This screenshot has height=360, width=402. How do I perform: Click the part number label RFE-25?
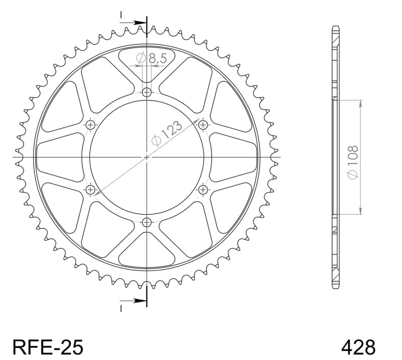click(x=48, y=347)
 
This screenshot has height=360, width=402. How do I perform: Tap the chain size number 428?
click(x=358, y=347)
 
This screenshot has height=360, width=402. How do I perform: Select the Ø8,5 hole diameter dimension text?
click(x=152, y=58)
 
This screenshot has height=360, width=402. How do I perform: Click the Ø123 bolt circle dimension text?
click(x=167, y=133)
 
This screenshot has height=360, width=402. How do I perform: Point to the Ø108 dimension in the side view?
click(x=353, y=162)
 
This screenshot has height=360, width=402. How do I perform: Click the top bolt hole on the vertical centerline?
click(x=147, y=92)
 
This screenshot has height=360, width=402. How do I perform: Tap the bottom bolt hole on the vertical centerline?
click(x=147, y=222)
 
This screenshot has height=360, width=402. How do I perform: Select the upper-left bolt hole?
click(x=90, y=125)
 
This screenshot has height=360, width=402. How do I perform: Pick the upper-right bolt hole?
click(x=203, y=125)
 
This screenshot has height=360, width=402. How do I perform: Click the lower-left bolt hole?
click(x=90, y=190)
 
